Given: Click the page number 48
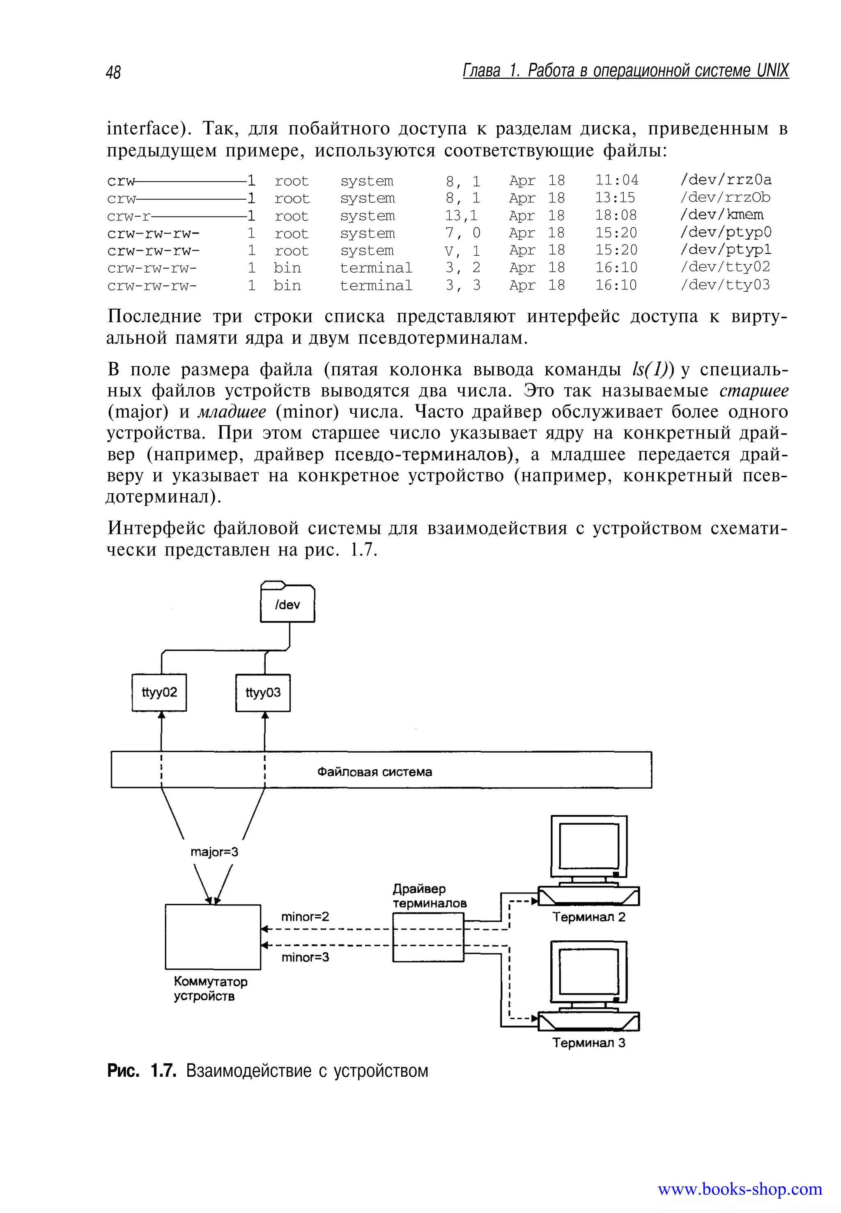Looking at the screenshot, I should point(113,72).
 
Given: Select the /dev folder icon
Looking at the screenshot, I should point(288,603).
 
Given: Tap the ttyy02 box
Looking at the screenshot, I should point(159,692).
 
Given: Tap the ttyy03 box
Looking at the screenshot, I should point(263,692).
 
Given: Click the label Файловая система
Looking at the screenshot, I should point(375,772).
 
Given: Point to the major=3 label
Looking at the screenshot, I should point(214,852).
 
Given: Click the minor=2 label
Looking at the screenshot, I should point(305,917).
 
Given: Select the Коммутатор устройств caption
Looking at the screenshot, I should point(210,988).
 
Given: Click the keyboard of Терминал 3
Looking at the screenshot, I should point(588,1022).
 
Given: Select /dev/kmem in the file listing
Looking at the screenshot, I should point(722,215).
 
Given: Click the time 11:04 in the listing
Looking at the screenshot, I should point(616,180).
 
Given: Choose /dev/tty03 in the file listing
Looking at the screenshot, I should point(724,285).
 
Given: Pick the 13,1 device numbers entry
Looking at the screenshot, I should point(461,216).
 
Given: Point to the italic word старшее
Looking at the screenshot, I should point(754,391).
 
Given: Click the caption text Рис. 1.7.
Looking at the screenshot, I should point(141,1071).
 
